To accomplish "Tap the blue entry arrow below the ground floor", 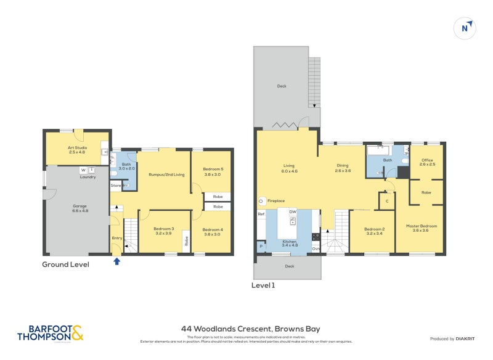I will pyautogui.click(x=117, y=261).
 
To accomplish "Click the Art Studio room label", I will pyautogui.click(x=77, y=150).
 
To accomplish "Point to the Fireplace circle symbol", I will pyautogui.click(x=262, y=201).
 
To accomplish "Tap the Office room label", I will pyautogui.click(x=427, y=162).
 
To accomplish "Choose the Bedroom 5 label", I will pyautogui.click(x=213, y=171).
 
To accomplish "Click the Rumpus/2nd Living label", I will pyautogui.click(x=166, y=174).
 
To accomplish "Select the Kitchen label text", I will pyautogui.click(x=290, y=242).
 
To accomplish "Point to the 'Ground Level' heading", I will pyautogui.click(x=65, y=264).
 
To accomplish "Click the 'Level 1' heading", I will pyautogui.click(x=263, y=285).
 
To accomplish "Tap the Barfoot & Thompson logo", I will pyautogui.click(x=50, y=333).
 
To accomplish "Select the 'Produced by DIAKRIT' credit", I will pyautogui.click(x=455, y=339).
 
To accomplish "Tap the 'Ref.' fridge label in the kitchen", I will pyautogui.click(x=261, y=215).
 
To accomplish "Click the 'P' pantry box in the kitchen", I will pyautogui.click(x=261, y=246).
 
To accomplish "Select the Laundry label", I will pyautogui.click(x=88, y=177).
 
